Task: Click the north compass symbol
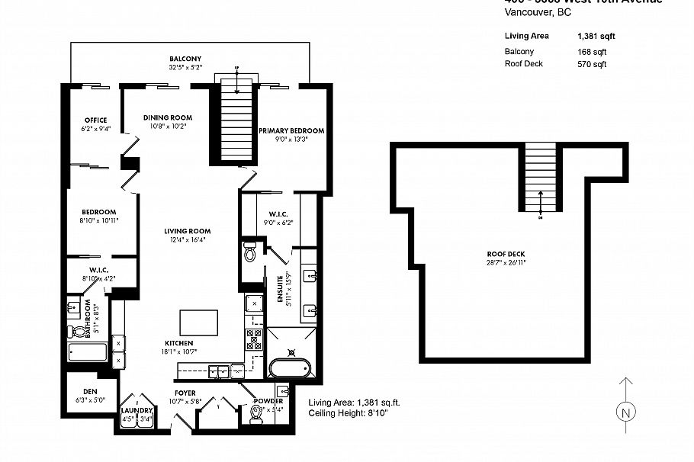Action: (625, 412)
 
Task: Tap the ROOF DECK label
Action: (506, 255)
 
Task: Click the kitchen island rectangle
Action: (198, 322)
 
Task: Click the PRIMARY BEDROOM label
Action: (291, 130)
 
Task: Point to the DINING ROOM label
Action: (168, 117)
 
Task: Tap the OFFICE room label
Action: (96, 120)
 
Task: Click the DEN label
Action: (90, 391)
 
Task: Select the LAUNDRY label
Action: (137, 410)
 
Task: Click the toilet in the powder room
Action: (256, 415)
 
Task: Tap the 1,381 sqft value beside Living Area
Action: (596, 36)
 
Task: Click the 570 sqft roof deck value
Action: (592, 64)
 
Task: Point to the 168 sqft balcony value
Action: (592, 52)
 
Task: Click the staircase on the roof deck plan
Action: (541, 179)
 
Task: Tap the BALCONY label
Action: (185, 59)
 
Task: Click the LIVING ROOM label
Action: (187, 231)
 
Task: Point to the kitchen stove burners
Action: (253, 337)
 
